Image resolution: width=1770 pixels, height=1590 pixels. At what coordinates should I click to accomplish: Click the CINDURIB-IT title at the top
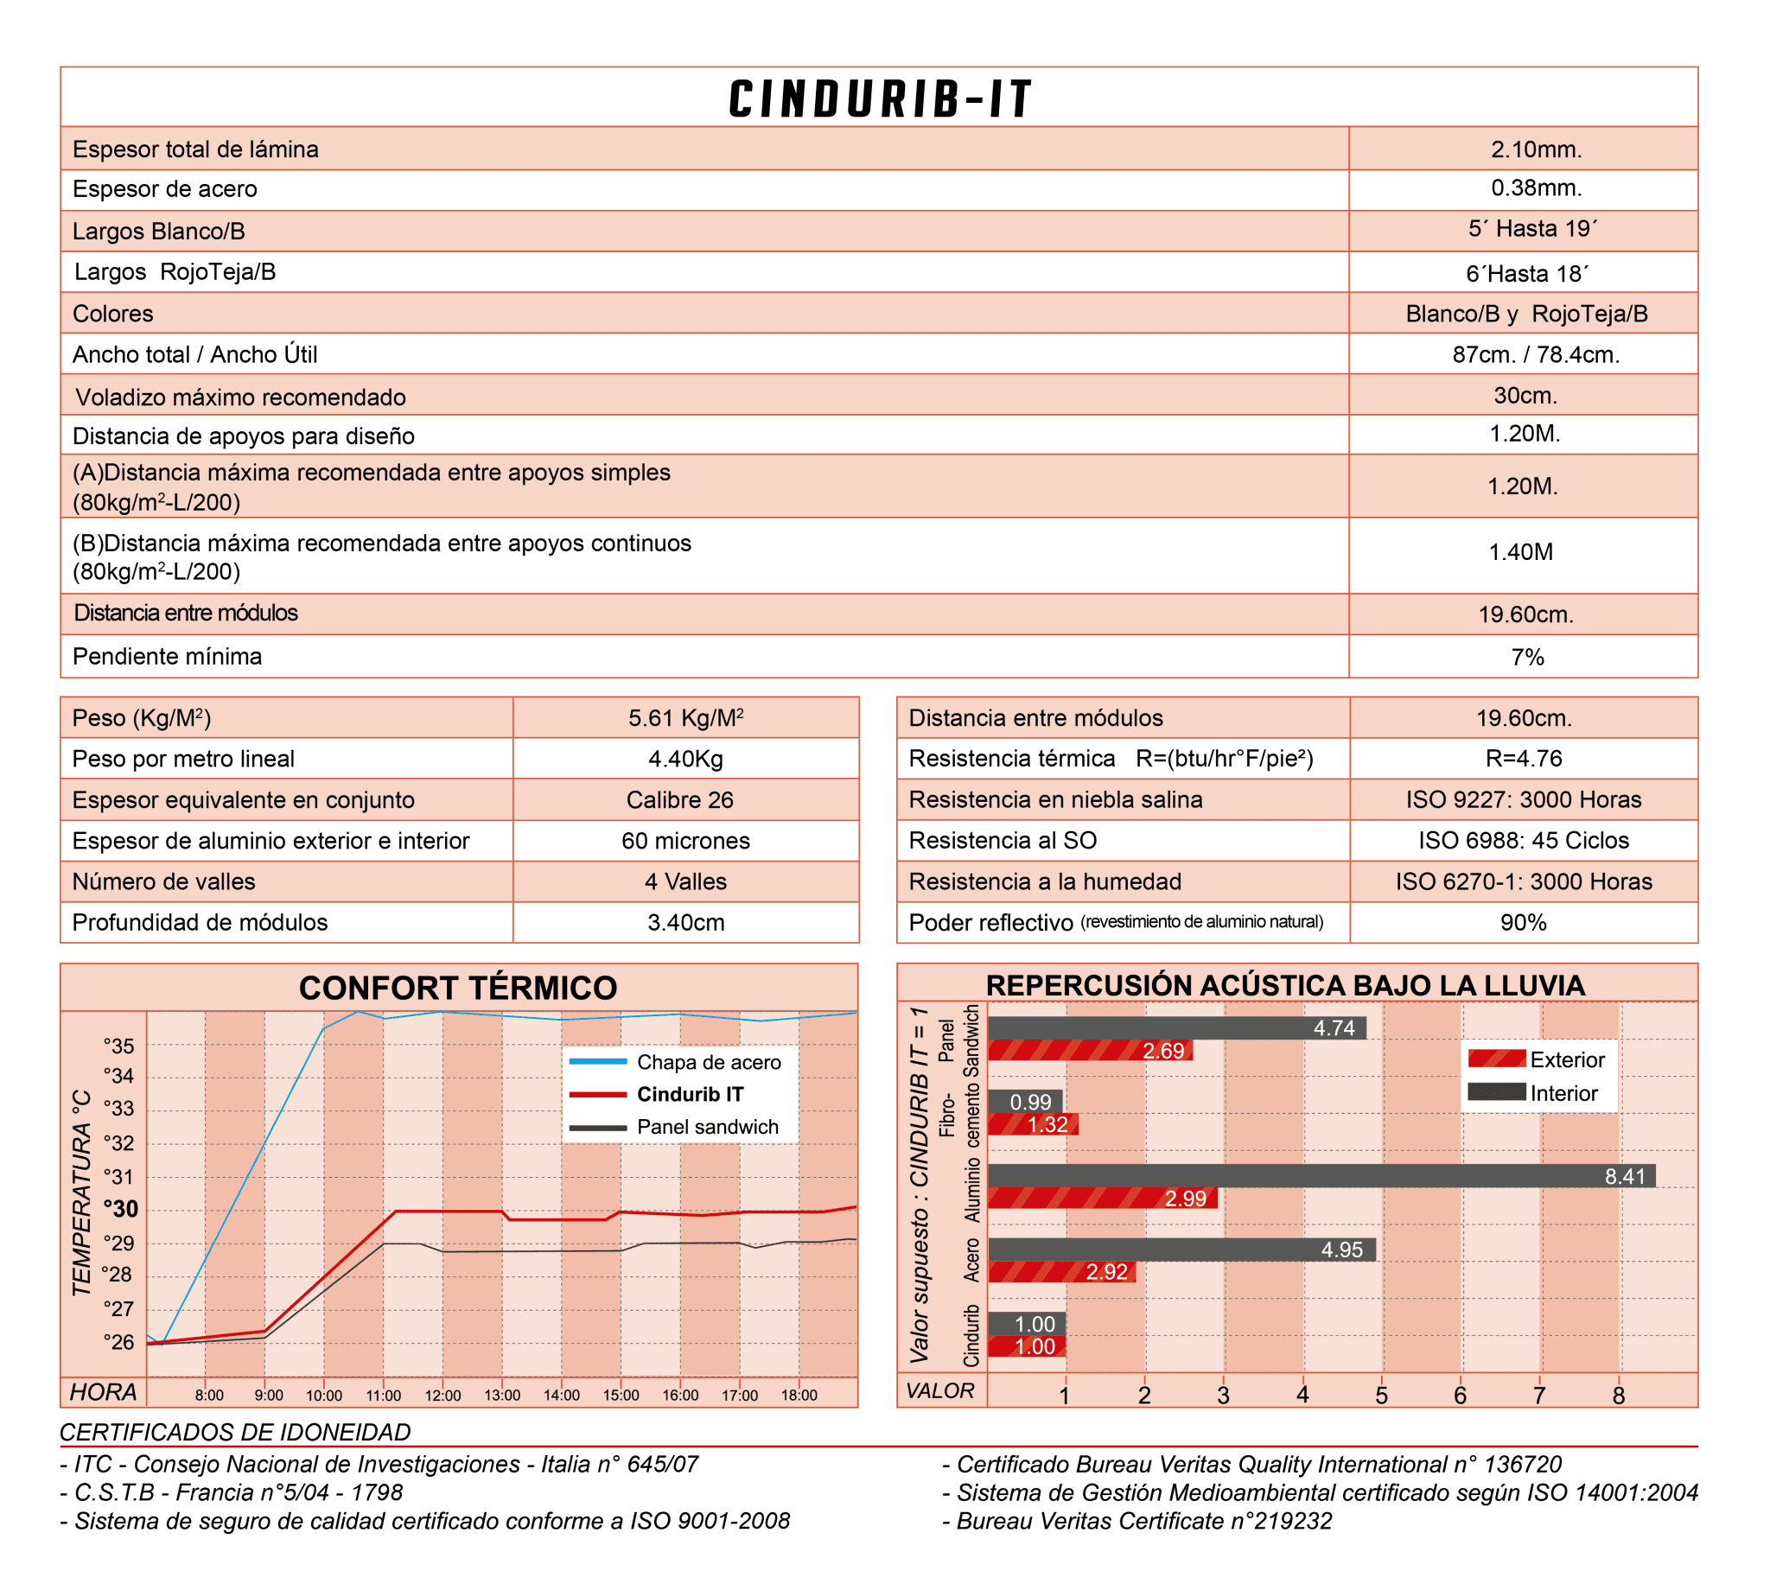[880, 99]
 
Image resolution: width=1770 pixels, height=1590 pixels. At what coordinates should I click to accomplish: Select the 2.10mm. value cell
[1536, 149]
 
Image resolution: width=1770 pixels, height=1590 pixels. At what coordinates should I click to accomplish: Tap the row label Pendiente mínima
[167, 656]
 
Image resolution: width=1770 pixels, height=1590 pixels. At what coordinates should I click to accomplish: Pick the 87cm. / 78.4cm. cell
[1536, 354]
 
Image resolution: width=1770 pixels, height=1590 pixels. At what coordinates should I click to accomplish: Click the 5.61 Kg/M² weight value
[686, 718]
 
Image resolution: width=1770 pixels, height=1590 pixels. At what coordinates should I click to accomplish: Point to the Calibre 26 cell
[679, 799]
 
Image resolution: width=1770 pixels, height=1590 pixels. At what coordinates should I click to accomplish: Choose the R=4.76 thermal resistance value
[1524, 759]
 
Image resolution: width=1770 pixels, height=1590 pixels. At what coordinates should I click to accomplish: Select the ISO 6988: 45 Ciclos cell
[1524, 841]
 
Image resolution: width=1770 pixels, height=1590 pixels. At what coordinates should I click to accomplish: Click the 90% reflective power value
[1524, 923]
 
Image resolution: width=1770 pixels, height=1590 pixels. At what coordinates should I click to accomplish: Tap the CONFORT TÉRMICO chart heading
[458, 988]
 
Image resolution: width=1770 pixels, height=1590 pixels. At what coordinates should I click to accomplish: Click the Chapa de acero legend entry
[708, 1062]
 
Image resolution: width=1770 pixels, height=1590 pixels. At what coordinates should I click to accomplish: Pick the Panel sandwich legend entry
[707, 1127]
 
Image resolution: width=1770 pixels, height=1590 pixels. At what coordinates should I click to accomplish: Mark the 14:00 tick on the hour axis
[562, 1396]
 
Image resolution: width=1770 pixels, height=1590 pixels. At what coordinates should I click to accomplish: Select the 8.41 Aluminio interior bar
[1321, 1176]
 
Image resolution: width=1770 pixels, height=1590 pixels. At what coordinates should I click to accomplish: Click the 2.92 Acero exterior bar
[1061, 1272]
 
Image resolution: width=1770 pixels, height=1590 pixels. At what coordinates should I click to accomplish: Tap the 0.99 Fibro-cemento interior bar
[1025, 1102]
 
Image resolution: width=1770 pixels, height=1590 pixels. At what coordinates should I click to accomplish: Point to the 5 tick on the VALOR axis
[1381, 1396]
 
